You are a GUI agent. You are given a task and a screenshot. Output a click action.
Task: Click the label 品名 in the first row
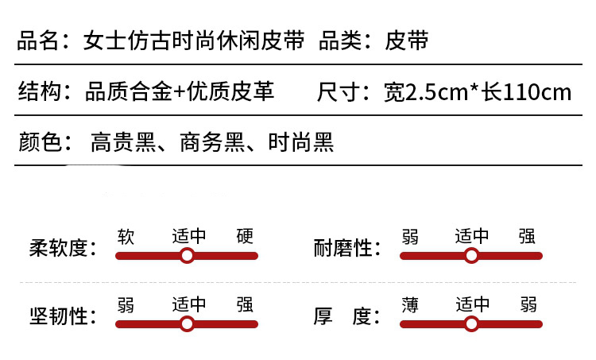pos(38,41)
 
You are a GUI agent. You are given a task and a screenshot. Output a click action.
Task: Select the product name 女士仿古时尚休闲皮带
pos(194,41)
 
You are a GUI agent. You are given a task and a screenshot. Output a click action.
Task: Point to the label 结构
pos(38,92)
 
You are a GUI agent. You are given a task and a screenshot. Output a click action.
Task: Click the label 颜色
pos(38,143)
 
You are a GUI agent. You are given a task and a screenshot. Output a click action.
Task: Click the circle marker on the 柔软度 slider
pos(187,256)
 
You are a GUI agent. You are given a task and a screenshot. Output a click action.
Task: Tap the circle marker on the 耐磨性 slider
pos(471,256)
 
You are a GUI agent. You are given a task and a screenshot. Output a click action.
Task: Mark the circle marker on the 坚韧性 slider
pos(187,324)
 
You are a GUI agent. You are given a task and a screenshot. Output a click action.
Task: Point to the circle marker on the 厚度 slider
pos(471,324)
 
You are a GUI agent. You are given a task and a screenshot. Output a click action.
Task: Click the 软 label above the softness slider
pos(126,236)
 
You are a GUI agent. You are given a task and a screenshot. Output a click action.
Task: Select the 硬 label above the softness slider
pos(245,236)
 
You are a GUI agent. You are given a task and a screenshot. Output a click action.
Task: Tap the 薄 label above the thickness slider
pos(410,304)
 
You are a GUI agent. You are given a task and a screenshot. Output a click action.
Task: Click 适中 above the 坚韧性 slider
pos(189,304)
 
